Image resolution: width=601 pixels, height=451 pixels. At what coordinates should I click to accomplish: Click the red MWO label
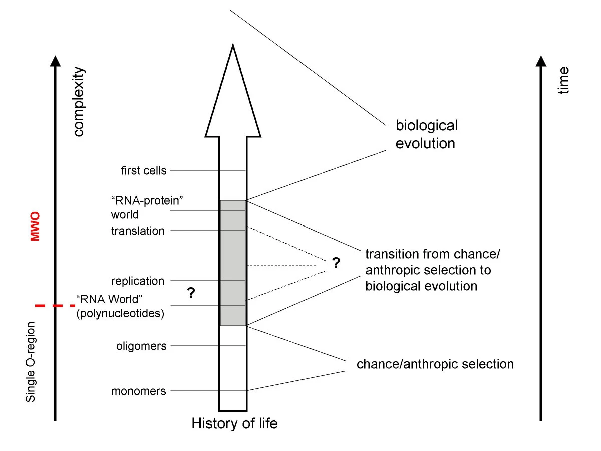point(35,227)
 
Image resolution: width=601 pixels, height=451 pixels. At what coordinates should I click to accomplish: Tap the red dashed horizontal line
point(55,305)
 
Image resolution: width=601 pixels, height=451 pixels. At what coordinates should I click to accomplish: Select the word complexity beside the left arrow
point(79,102)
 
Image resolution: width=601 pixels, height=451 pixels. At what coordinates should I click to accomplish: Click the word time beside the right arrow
point(564,80)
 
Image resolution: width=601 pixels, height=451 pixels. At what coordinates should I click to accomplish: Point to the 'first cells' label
point(143,170)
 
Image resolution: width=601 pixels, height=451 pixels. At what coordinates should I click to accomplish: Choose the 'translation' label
point(138,231)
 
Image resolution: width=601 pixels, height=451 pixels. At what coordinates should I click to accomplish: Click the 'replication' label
point(138,281)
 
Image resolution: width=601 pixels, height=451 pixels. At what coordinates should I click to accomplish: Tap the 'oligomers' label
point(141,346)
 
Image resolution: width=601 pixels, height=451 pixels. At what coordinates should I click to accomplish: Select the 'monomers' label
point(139,391)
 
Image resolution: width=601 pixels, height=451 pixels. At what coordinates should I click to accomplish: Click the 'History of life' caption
point(234,424)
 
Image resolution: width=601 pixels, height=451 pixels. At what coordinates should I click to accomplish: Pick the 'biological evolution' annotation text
point(426,134)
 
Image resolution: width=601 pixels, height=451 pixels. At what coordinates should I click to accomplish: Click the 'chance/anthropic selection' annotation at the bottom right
point(435,364)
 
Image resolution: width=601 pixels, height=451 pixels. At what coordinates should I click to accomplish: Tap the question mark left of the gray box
point(190,293)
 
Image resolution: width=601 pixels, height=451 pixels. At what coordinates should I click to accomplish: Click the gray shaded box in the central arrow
point(233,263)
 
